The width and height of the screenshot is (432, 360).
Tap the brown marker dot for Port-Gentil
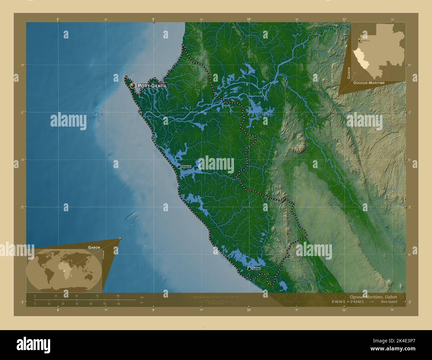click(133, 86)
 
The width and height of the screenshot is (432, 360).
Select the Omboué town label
click(186, 166)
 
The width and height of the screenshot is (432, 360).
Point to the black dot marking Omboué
click(179, 166)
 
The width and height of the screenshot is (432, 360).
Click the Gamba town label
click(256, 268)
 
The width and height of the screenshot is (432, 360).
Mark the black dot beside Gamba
click(249, 268)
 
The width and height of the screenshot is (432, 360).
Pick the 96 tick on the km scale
click(118, 296)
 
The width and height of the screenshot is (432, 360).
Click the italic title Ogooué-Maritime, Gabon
click(373, 297)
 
